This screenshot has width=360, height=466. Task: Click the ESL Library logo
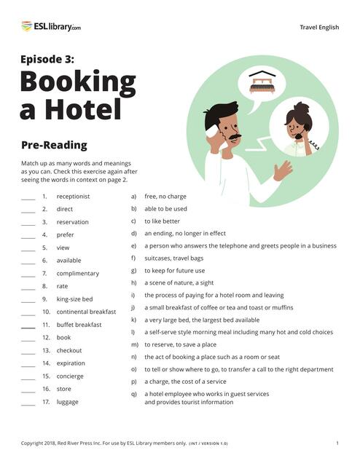click(51, 27)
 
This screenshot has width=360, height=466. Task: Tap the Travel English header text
click(319, 28)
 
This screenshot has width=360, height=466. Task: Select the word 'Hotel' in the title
click(80, 109)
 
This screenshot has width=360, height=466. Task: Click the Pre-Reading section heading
click(54, 145)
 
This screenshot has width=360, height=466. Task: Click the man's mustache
click(232, 136)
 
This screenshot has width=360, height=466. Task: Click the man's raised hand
click(282, 170)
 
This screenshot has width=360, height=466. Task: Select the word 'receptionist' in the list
click(73, 197)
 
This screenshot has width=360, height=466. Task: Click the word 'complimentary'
click(77, 273)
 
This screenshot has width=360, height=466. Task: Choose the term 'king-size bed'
click(74, 299)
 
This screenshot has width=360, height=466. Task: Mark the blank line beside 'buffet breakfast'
click(28, 325)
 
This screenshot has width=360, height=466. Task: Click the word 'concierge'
click(70, 376)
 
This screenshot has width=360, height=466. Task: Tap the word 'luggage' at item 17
click(68, 401)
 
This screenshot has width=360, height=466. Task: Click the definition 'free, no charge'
click(165, 197)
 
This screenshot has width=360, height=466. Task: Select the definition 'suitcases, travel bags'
click(173, 258)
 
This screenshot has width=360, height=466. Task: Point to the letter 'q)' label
click(134, 394)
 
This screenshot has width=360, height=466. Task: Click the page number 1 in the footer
click(337, 443)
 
